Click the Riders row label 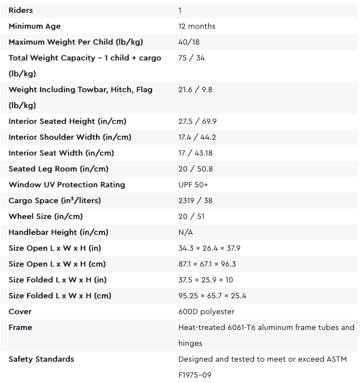pyautogui.click(x=21, y=10)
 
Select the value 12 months pyautogui.click(x=197, y=26)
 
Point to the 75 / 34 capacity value pyautogui.click(x=191, y=58)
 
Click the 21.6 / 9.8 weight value pyautogui.click(x=195, y=90)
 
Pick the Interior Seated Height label pyautogui.click(x=67, y=121)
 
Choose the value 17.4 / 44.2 pyautogui.click(x=197, y=137)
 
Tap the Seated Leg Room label pyautogui.click(x=58, y=169)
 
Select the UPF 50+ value pyautogui.click(x=194, y=185)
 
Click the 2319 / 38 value pyautogui.click(x=195, y=201)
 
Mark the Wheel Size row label pyautogui.click(x=46, y=217)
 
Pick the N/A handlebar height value pyautogui.click(x=186, y=232)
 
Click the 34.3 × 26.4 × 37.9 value pyautogui.click(x=209, y=248)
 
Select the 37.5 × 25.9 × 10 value pyautogui.click(x=206, y=280)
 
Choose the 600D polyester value pyautogui.click(x=206, y=312)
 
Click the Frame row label pyautogui.click(x=20, y=328)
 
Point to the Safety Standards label pyautogui.click(x=41, y=359)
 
